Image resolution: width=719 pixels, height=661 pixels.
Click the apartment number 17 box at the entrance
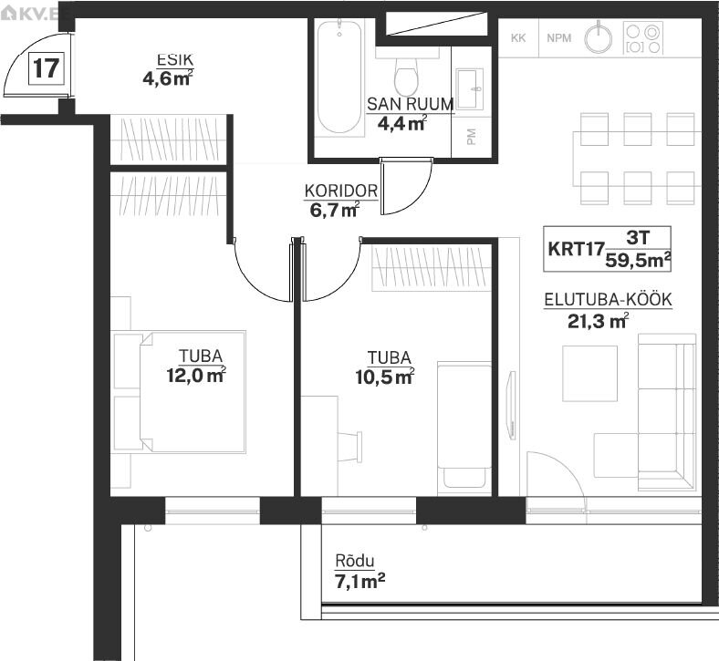(46, 68)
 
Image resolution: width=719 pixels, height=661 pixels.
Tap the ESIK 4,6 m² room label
(168, 70)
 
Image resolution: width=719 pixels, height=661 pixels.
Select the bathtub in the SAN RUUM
(339, 76)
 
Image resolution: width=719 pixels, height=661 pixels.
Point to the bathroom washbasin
(470, 88)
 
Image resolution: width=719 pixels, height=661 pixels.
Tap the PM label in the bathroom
(471, 137)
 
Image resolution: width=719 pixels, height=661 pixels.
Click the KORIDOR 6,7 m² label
(340, 201)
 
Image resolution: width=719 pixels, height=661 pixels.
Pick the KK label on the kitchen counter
(518, 38)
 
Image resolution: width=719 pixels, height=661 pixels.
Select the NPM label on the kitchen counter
(559, 38)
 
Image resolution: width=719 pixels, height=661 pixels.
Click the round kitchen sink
(598, 38)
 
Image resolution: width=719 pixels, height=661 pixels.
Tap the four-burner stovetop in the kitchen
(643, 38)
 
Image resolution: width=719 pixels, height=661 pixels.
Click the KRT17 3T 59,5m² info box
(607, 249)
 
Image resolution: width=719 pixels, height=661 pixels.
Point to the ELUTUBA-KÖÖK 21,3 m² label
(608, 311)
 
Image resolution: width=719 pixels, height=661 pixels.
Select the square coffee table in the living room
(589, 373)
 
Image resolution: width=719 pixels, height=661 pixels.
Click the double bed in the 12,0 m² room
(193, 392)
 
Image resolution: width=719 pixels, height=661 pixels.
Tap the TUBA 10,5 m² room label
(386, 367)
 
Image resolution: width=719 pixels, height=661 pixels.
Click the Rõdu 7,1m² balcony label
(359, 572)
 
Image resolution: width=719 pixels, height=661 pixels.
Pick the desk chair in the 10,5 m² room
(351, 446)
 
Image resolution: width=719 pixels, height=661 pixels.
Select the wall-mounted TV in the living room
(510, 406)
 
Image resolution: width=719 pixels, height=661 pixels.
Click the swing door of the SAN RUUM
(406, 186)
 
